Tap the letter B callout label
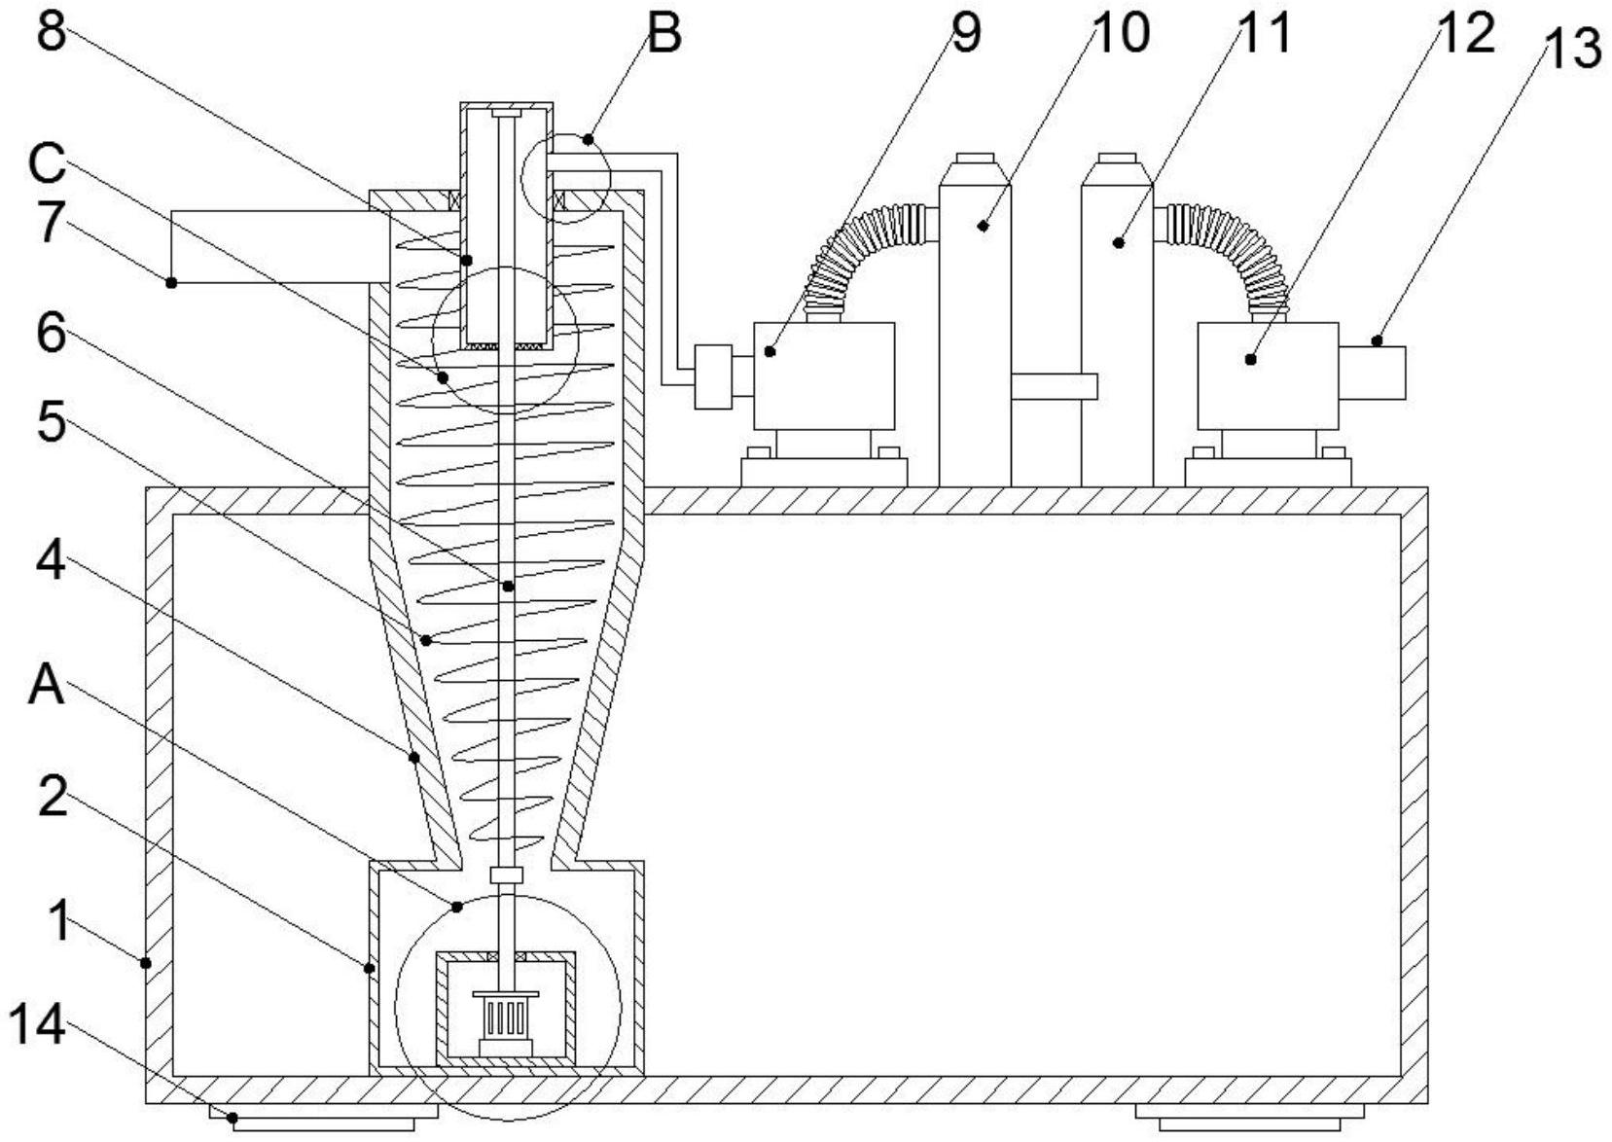click(664, 34)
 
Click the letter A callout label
click(47, 685)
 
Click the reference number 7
click(52, 222)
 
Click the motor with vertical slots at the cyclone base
click(505, 1021)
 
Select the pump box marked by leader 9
click(824, 375)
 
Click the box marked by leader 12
click(1268, 375)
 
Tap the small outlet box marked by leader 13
click(1373, 373)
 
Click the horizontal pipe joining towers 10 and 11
click(1054, 386)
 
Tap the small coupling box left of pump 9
click(713, 377)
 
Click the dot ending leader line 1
click(145, 963)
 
